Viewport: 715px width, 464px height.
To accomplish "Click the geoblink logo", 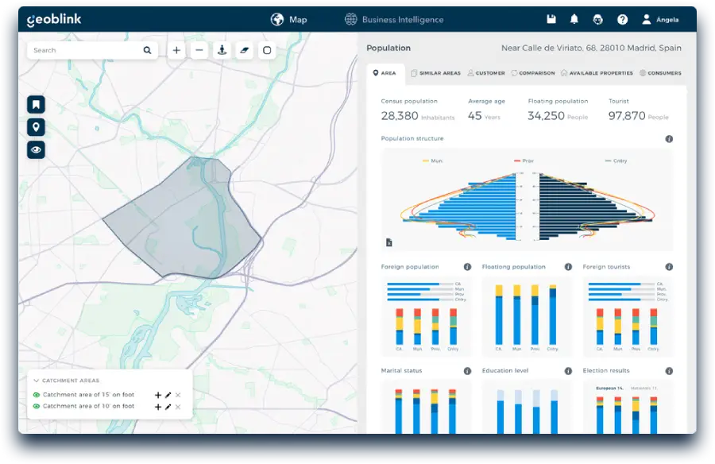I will [54, 20].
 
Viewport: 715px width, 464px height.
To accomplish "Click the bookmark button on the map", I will [36, 104].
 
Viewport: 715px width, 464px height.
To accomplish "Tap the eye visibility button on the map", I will [36, 149].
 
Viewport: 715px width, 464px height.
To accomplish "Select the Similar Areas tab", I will [436, 73].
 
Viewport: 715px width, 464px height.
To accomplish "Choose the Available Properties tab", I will [597, 73].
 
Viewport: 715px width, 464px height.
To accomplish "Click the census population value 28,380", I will [399, 116].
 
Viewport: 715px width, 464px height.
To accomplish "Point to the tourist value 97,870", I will [627, 116].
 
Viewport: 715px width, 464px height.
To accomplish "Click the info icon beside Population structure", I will [669, 139].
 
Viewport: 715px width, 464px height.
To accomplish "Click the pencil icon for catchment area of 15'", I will [168, 395].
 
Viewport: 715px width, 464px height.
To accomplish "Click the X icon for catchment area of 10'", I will [178, 407].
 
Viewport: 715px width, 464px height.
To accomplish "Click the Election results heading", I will [606, 371].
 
